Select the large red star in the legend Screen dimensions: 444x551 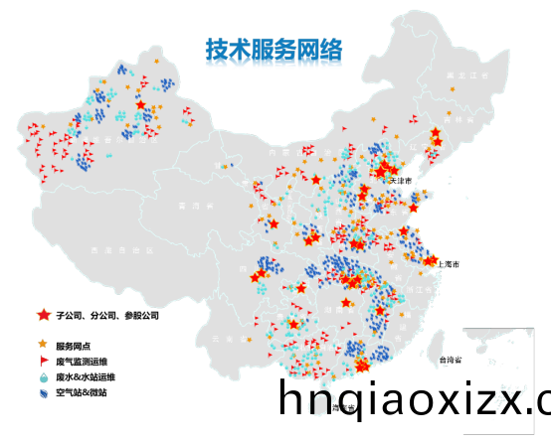44,315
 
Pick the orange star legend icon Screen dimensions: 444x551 43,344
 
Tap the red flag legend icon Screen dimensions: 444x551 44,361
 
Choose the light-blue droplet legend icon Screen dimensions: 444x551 43,377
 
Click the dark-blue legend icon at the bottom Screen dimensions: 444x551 43,394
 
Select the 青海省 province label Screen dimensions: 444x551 187,206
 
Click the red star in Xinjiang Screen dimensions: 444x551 141,105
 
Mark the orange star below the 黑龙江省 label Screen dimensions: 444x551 452,90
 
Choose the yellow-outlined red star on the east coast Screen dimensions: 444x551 433,260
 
